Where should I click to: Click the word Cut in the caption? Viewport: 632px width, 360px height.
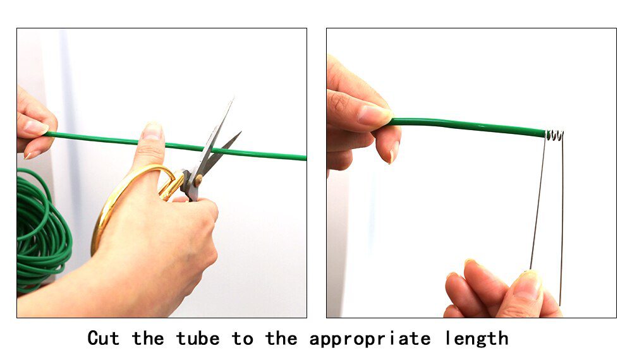[104, 339]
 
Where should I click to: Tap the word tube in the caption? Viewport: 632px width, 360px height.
[198, 339]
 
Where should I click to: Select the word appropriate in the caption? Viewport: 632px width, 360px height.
[370, 339]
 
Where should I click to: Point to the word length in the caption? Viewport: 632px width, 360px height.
[477, 339]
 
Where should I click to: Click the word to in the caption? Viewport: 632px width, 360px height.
[242, 339]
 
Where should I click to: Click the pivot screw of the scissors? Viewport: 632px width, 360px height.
[198, 180]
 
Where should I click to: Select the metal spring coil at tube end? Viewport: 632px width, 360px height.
[555, 135]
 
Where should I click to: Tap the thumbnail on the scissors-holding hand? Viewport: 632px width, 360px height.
[152, 131]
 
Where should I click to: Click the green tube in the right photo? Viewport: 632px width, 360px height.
[468, 126]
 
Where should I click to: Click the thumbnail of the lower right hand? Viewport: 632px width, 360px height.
[528, 284]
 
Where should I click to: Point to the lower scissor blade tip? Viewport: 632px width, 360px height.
[240, 133]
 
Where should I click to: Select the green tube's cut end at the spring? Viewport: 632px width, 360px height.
[545, 133]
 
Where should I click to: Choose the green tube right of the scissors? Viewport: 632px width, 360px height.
[262, 154]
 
